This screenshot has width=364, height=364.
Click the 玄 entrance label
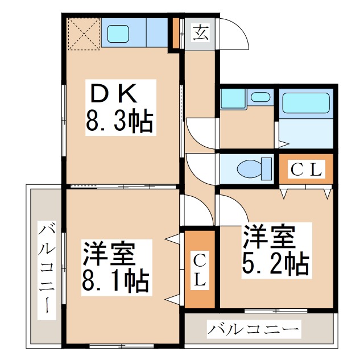point(200,34)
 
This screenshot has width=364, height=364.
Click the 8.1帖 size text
point(116,280)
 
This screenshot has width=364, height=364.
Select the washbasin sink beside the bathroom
point(260,97)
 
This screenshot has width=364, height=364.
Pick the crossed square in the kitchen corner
point(84,34)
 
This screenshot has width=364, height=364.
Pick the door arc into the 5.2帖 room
point(230,206)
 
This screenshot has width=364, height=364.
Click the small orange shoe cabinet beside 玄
point(176,34)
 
